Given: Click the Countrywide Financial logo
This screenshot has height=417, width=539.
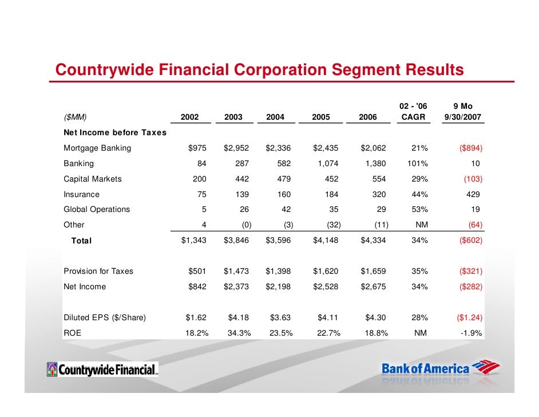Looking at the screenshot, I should (x=103, y=370).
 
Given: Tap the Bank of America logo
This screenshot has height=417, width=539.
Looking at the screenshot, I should (x=441, y=369).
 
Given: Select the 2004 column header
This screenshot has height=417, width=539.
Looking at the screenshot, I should (x=275, y=117).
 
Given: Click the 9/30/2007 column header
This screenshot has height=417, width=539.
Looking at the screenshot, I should (x=462, y=117).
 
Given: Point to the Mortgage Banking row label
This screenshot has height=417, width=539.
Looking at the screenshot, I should (x=97, y=148).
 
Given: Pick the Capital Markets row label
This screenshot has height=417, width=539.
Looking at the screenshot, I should (x=93, y=179).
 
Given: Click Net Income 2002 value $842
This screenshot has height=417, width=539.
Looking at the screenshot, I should (x=197, y=286).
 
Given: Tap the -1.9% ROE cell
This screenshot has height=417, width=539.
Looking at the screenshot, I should (x=470, y=333).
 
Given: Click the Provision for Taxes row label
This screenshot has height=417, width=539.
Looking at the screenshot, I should (x=98, y=271).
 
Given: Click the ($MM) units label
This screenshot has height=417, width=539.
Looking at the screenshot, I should (x=75, y=117).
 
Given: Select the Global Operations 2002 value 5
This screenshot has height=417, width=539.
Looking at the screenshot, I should (x=204, y=209).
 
